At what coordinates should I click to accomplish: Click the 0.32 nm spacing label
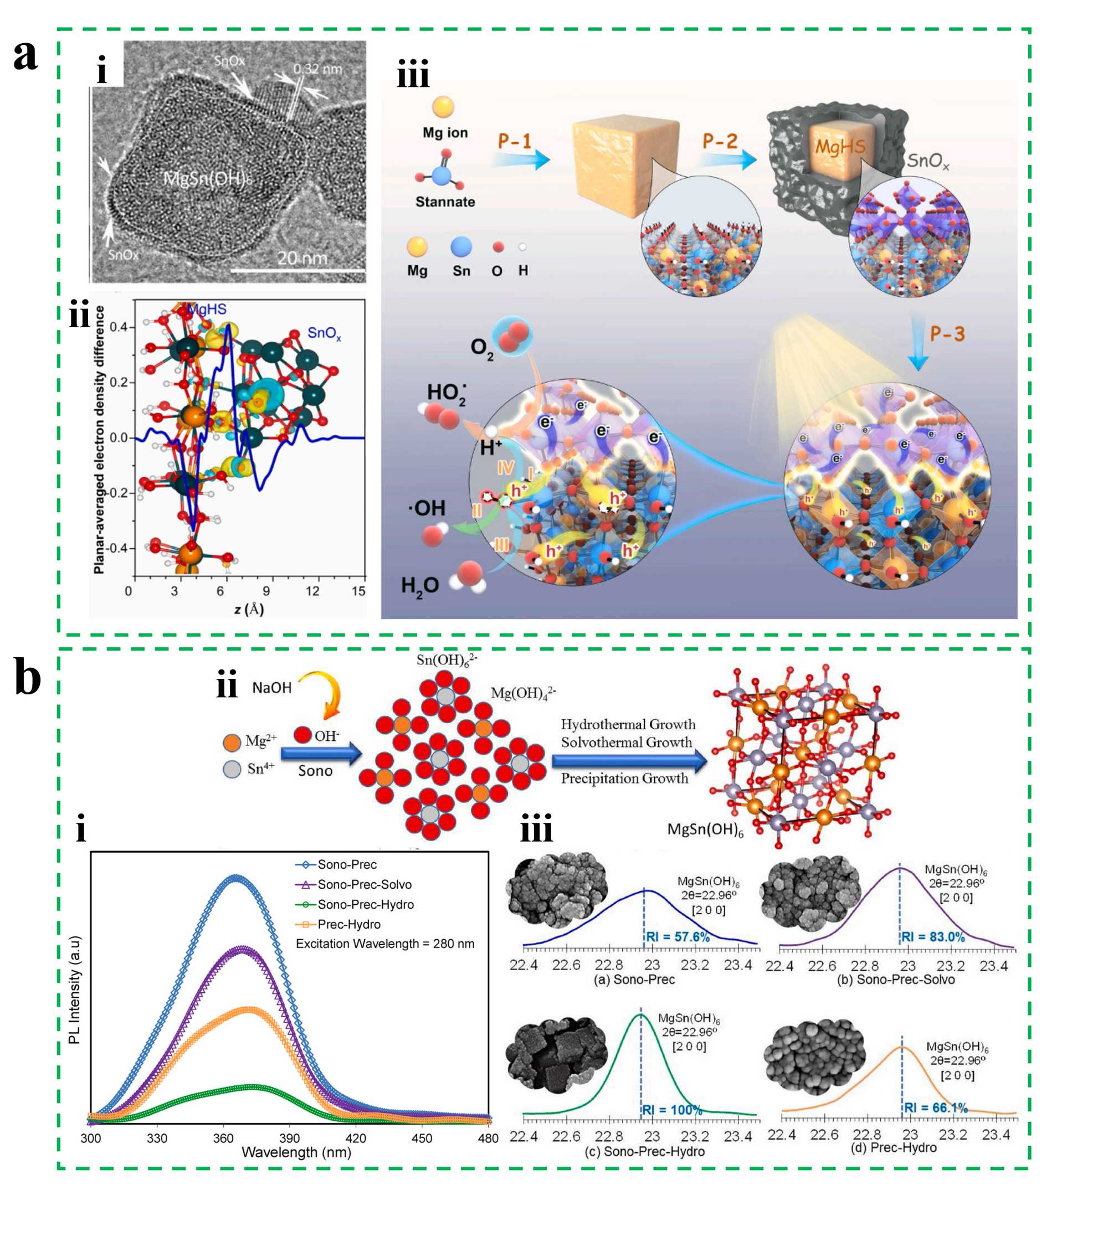pyautogui.click(x=317, y=69)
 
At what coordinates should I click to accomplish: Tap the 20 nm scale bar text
pyautogui.click(x=302, y=259)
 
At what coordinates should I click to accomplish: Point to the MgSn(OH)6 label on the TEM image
pyautogui.click(x=208, y=179)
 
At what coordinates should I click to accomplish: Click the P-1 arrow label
pyautogui.click(x=515, y=141)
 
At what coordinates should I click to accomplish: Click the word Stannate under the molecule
pyautogui.click(x=445, y=202)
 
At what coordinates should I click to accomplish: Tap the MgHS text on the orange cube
pyautogui.click(x=840, y=146)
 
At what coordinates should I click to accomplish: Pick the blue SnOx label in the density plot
pyautogui.click(x=324, y=333)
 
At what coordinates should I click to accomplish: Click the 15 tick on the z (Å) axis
pyautogui.click(x=358, y=591)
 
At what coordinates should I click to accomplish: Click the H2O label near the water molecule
pyautogui.click(x=419, y=586)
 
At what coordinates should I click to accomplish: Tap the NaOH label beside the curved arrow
pyautogui.click(x=271, y=688)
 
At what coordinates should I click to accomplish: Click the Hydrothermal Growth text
pyautogui.click(x=628, y=724)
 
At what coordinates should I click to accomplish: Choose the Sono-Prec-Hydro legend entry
pyautogui.click(x=365, y=905)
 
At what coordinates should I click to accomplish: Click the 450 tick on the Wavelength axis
pyautogui.click(x=422, y=1138)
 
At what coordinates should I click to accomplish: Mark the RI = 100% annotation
pyautogui.click(x=672, y=1110)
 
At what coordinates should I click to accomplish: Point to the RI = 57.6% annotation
pyautogui.click(x=678, y=937)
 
